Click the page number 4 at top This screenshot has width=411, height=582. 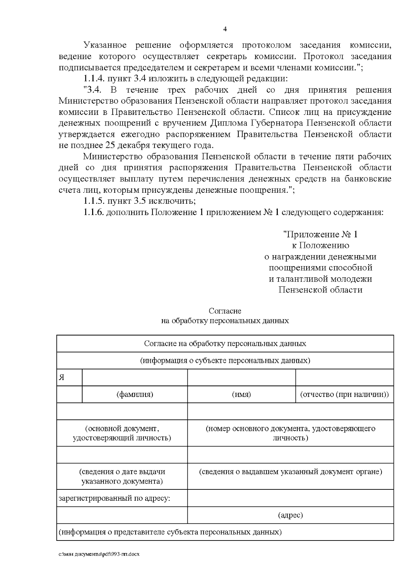pyautogui.click(x=225, y=29)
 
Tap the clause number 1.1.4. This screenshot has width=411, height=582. pyautogui.click(x=94, y=79)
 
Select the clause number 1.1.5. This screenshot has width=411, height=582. pyautogui.click(x=94, y=201)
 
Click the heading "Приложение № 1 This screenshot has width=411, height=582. pyautogui.click(x=320, y=235)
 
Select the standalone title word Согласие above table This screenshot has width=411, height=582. pyautogui.click(x=225, y=311)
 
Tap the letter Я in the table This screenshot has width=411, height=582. pyautogui.click(x=62, y=378)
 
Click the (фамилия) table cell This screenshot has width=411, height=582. pyautogui.click(x=135, y=394)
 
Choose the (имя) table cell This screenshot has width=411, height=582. pyautogui.click(x=241, y=394)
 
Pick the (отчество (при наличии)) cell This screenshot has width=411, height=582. pyautogui.click(x=344, y=394)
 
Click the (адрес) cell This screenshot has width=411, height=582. pyautogui.click(x=290, y=515)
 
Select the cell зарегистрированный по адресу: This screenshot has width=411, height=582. pyautogui.click(x=114, y=498)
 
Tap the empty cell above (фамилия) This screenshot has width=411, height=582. pyautogui.click(x=135, y=378)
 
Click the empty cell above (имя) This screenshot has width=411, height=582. pyautogui.click(x=241, y=378)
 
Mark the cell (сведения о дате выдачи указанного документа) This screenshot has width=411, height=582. pyautogui.click(x=122, y=476)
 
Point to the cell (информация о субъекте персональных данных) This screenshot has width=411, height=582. pyautogui.click(x=225, y=361)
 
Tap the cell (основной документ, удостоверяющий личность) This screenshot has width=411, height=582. pyautogui.click(x=122, y=433)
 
